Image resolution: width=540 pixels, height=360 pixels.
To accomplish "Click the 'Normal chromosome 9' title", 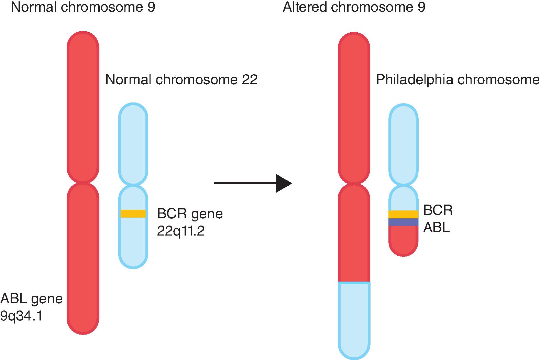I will [83, 7].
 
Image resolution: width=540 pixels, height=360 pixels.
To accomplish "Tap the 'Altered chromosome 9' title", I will [354, 7].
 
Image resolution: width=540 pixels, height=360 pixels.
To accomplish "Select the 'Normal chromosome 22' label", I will [181, 80].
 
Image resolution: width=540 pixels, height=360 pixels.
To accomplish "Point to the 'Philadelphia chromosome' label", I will [458, 80].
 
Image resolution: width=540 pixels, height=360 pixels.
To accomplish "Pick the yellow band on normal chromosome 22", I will [133, 214].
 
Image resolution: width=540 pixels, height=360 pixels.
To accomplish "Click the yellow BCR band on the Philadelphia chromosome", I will [403, 214].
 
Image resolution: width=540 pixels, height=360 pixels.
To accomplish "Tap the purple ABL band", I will [403, 222].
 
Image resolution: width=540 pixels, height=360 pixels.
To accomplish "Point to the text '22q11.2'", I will [181, 231].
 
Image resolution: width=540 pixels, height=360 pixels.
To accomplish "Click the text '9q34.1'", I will [21, 316].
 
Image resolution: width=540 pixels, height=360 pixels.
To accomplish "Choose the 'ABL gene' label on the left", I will [32, 298].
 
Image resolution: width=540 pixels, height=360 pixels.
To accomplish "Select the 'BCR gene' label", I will [190, 214].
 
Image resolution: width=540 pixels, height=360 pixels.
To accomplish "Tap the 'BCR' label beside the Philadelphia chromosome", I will [438, 210].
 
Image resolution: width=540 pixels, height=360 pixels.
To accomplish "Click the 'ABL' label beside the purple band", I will [437, 227].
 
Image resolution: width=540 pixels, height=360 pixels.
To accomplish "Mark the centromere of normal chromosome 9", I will [83, 183].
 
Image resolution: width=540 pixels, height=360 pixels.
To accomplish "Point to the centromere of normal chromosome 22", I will [133, 185].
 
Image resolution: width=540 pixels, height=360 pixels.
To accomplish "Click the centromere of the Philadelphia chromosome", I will [403, 186].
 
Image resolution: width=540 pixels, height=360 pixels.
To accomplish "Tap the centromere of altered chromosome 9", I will [354, 184].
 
